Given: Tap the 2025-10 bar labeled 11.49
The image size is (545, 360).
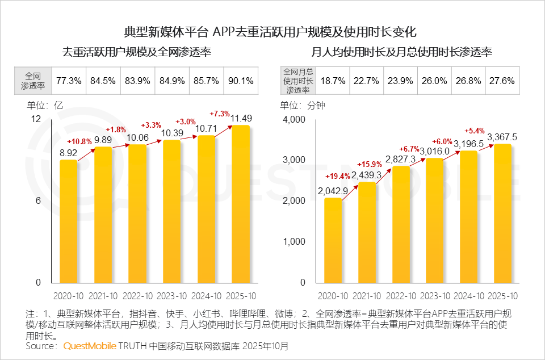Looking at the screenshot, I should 241,204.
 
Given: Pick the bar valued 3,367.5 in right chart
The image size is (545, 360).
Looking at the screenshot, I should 502,213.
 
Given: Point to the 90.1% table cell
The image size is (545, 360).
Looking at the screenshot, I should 241,81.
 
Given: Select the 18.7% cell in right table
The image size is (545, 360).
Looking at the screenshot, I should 333,81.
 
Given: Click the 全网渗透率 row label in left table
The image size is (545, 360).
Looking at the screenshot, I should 33,81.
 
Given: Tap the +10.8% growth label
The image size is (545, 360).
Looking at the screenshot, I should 79,141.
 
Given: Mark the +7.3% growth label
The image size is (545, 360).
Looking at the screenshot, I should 220,112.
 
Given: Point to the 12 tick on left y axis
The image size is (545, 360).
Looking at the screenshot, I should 36,119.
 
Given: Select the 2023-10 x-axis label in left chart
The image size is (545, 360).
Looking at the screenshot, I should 171,296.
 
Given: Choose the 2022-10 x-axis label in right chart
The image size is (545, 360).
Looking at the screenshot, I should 401,296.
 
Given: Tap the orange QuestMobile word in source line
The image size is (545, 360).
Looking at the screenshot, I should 90,346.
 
